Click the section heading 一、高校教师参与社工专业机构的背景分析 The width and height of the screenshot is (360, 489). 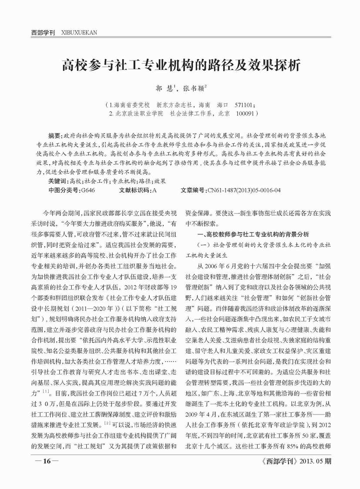tap(253, 234)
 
